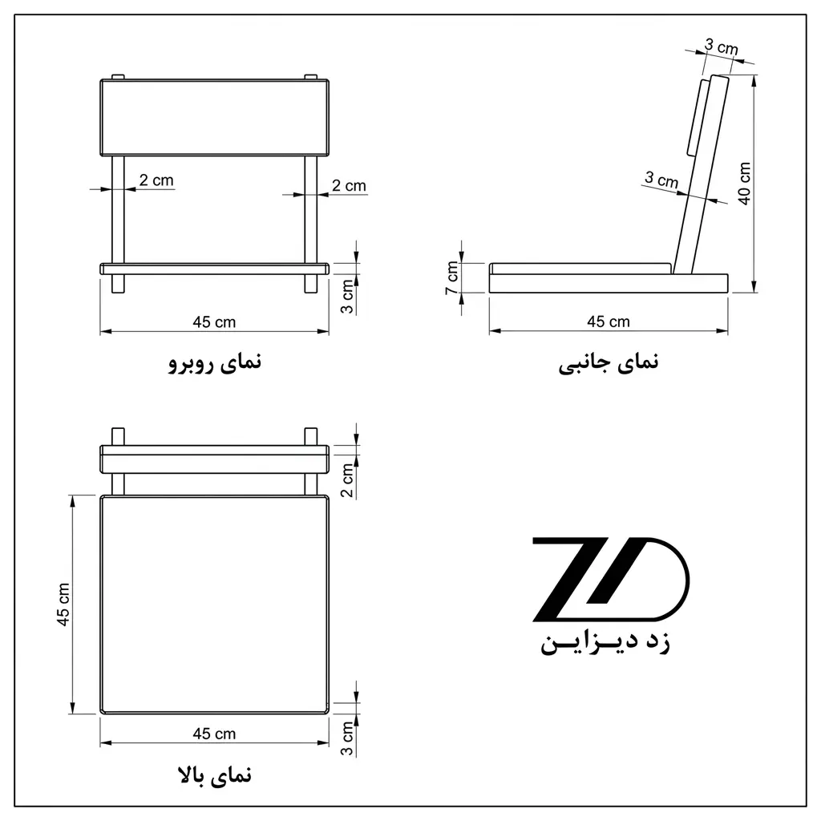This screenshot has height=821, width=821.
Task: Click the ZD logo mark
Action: point(610,579)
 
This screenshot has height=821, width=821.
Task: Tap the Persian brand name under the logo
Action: point(605,643)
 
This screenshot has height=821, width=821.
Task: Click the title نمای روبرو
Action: point(215,362)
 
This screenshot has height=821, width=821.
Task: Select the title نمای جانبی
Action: point(609,363)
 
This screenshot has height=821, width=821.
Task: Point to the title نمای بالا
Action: point(215,775)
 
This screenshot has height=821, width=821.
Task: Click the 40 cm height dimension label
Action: point(744,184)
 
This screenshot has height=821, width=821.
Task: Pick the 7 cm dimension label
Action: point(452,277)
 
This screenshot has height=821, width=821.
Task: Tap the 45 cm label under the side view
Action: point(609,322)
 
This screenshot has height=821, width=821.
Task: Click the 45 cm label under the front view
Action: point(214,322)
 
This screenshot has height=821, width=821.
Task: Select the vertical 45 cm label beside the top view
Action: point(63,605)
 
